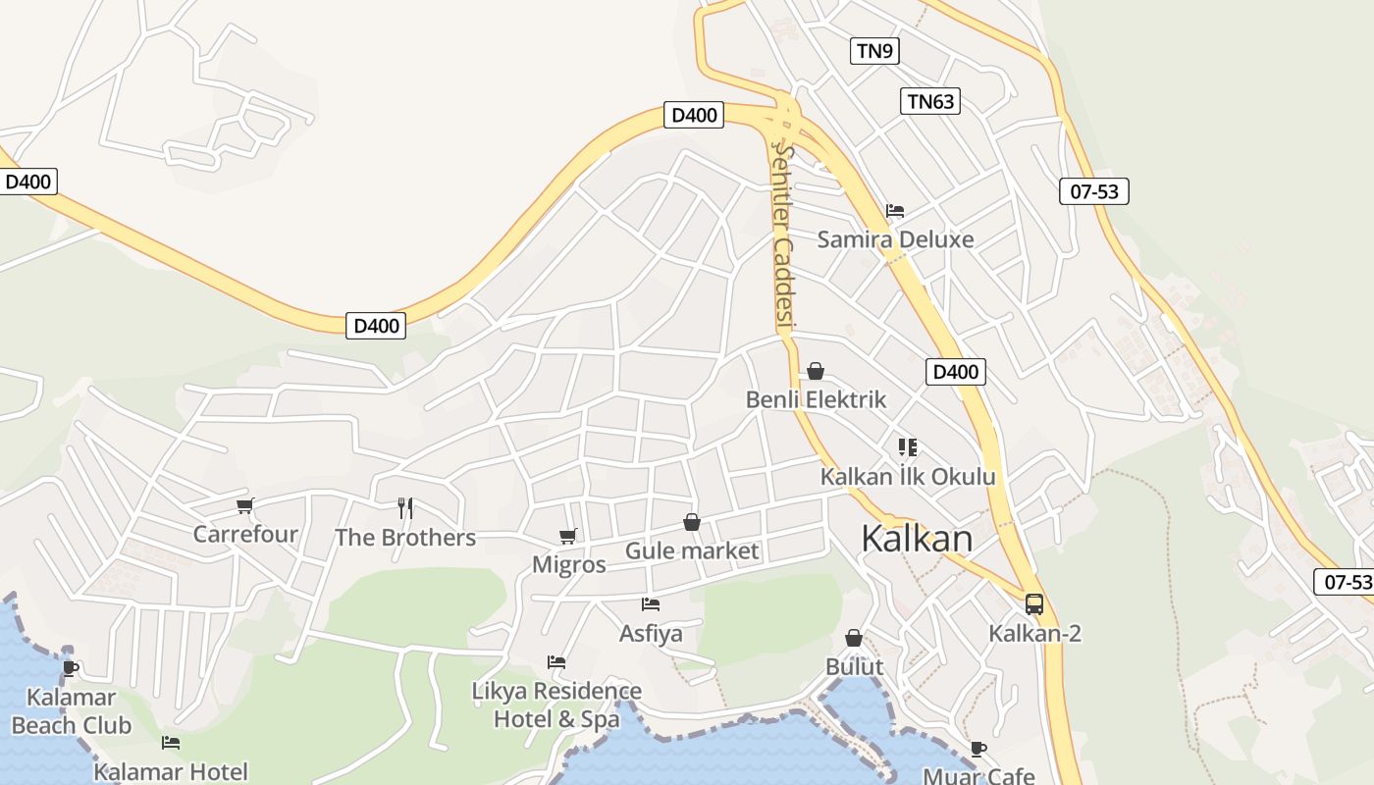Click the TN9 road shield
click(874, 51)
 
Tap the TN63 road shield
click(929, 101)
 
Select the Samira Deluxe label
click(895, 239)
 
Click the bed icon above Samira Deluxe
click(894, 210)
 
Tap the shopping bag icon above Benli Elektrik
click(815, 371)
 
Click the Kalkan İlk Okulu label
click(908, 477)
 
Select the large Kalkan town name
click(917, 539)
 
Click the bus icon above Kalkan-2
click(1034, 603)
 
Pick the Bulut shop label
click(854, 666)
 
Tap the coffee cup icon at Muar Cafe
click(978, 749)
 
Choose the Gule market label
click(692, 550)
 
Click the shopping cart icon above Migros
click(567, 536)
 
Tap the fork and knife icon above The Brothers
click(405, 507)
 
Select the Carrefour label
click(245, 534)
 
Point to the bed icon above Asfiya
click(650, 604)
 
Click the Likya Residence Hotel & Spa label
click(556, 705)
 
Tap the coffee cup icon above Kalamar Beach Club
click(70, 668)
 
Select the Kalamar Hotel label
click(171, 771)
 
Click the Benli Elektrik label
click(816, 399)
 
